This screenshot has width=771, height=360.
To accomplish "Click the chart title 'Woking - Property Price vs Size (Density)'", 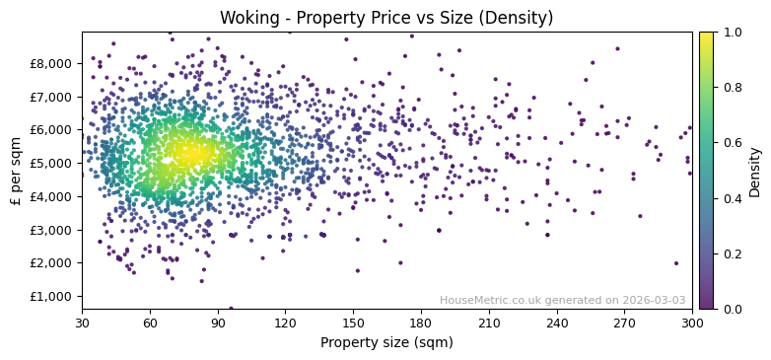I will [385, 18].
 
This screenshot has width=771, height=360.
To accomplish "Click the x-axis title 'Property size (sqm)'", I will [386, 343].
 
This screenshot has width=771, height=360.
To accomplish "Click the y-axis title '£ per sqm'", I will [16, 171].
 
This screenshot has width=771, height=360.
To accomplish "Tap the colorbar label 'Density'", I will [754, 171].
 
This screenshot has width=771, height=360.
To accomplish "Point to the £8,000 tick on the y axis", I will [50, 63].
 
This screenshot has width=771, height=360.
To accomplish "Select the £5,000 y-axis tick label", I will [50, 163].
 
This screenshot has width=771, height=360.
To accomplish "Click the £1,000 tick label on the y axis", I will [50, 296].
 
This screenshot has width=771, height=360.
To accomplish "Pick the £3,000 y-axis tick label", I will [50, 230].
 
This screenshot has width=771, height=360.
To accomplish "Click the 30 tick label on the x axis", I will [82, 323].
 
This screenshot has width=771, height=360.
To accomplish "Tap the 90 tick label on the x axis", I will [218, 323].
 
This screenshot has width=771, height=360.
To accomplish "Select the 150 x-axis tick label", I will [353, 323].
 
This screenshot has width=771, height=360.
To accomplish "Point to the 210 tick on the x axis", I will [489, 323].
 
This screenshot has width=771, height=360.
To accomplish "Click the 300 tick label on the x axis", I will [692, 323].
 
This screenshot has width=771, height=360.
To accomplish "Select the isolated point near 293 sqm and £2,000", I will [676, 263].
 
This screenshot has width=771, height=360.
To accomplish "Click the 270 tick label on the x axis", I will [624, 323].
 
